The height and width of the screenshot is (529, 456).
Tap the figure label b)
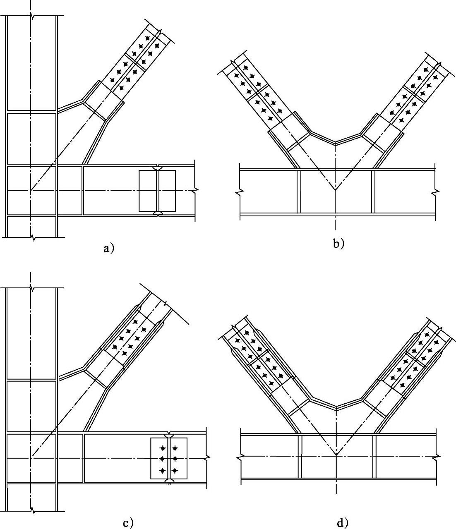338,244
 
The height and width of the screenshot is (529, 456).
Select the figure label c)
128,523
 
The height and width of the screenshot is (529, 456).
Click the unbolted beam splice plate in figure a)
157,191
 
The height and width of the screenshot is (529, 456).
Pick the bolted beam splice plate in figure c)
169,458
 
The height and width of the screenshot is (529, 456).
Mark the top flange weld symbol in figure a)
158,168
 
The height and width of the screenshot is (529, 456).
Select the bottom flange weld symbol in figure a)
158,213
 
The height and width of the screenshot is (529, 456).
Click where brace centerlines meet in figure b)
335,191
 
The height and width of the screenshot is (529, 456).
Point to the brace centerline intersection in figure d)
336,455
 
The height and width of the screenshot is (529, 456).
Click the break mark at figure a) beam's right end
195,191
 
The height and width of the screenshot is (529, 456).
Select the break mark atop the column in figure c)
31,288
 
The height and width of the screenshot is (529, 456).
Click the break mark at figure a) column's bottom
31,237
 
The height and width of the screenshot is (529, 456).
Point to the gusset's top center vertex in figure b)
335,143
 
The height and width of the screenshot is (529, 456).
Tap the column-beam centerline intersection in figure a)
30,191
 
